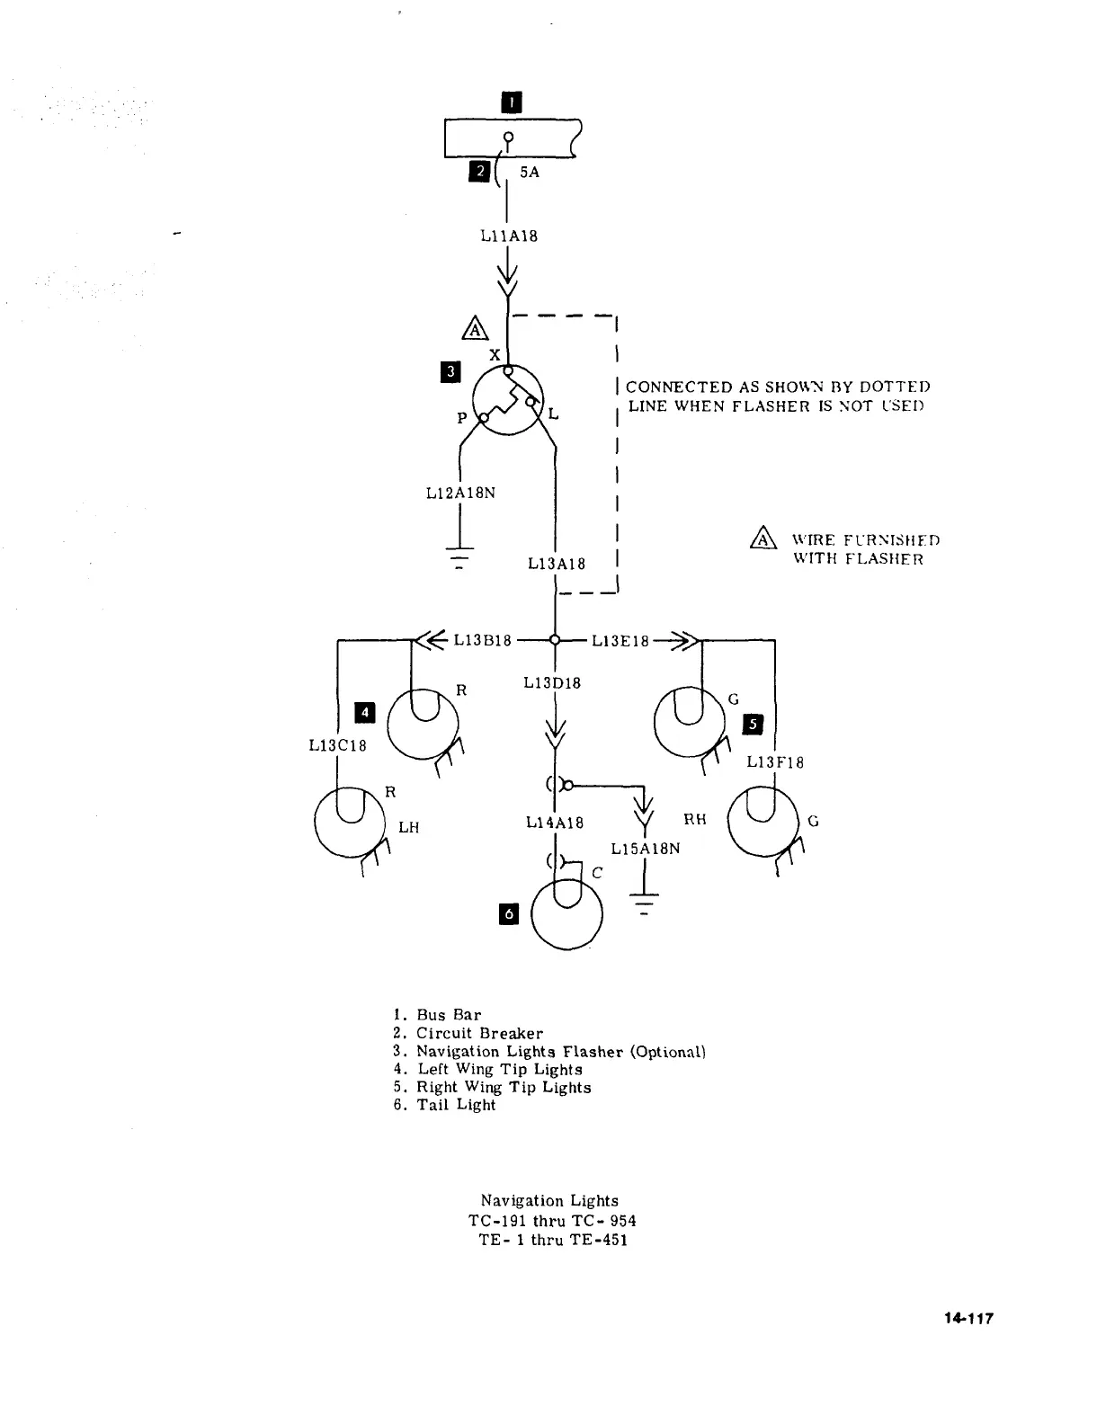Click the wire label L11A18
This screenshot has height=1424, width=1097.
click(x=509, y=236)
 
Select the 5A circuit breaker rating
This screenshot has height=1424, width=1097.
click(x=530, y=172)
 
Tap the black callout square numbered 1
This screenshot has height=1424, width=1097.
click(x=510, y=102)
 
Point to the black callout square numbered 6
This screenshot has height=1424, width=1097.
click(x=509, y=914)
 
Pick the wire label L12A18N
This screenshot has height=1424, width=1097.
click(x=460, y=493)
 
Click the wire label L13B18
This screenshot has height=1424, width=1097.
click(x=483, y=640)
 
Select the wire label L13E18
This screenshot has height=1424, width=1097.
click(x=620, y=640)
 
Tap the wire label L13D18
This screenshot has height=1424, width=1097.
click(x=552, y=683)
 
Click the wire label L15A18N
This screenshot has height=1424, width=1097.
click(x=646, y=848)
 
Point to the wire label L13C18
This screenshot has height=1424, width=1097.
click(x=337, y=745)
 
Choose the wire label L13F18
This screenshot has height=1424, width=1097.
click(x=775, y=762)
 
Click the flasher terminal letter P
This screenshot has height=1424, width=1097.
click(x=462, y=418)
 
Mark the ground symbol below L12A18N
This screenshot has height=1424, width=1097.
click(x=460, y=558)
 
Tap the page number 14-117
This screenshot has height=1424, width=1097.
click(x=968, y=1319)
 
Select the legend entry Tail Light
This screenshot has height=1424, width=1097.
click(x=456, y=1105)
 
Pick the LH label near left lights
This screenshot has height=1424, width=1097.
click(x=409, y=826)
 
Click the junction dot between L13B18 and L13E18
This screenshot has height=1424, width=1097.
click(x=555, y=640)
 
